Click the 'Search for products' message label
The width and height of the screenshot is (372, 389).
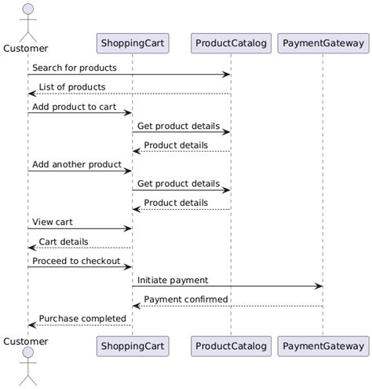(x=75, y=68)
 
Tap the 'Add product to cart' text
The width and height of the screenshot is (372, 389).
(x=75, y=107)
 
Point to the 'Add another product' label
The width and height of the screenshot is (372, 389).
(x=77, y=165)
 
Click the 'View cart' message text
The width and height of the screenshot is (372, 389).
(x=53, y=222)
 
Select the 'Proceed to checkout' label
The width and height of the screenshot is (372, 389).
(x=76, y=261)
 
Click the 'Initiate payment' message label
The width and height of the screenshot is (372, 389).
(x=173, y=281)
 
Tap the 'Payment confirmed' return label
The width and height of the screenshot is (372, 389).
(x=186, y=299)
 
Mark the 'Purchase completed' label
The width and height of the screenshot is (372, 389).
(x=82, y=319)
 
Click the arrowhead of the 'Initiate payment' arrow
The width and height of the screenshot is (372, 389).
(x=319, y=287)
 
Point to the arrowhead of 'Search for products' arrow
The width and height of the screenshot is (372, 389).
(x=227, y=75)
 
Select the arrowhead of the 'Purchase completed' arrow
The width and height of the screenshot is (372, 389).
(x=31, y=325)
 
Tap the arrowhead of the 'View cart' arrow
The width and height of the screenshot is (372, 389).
(x=128, y=229)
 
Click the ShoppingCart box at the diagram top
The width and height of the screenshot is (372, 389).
(x=132, y=42)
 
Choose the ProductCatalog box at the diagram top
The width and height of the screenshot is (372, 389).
(x=231, y=42)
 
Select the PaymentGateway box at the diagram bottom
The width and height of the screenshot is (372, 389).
(x=323, y=346)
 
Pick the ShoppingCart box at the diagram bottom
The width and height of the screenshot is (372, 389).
(x=132, y=346)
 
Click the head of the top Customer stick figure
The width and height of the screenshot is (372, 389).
(x=27, y=9)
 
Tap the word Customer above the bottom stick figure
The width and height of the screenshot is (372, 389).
(x=26, y=342)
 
